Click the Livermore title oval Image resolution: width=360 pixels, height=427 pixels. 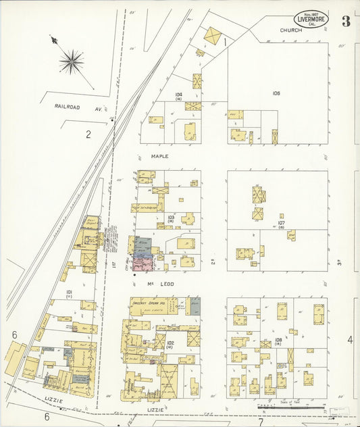click(311, 20)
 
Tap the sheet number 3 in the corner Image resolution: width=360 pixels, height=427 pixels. click(346, 21)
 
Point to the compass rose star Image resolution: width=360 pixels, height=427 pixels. click(71, 61)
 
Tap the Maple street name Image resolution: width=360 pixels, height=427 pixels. click(159, 156)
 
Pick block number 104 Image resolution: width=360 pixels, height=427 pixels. click(178, 95)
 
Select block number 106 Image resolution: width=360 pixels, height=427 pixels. click(276, 93)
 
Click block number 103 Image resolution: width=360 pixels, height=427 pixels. click(171, 217)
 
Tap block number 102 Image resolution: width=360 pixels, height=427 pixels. click(170, 344)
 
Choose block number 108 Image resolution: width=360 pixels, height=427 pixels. click(278, 340)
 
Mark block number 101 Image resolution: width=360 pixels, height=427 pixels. click(69, 292)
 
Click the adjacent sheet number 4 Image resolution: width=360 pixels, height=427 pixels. click(350, 340)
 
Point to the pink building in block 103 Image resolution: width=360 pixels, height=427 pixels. click(143, 263)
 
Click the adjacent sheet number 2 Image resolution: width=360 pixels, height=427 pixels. click(88, 134)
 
